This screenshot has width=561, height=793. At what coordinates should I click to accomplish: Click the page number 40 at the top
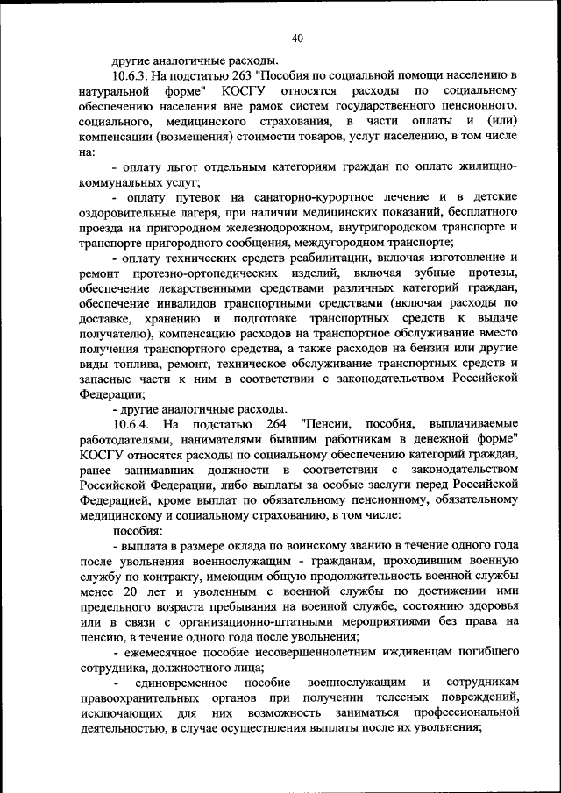[x=297, y=38]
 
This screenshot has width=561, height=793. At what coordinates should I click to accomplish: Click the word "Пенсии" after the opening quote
[x=323, y=424]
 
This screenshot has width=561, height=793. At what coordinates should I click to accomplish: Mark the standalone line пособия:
[x=136, y=530]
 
